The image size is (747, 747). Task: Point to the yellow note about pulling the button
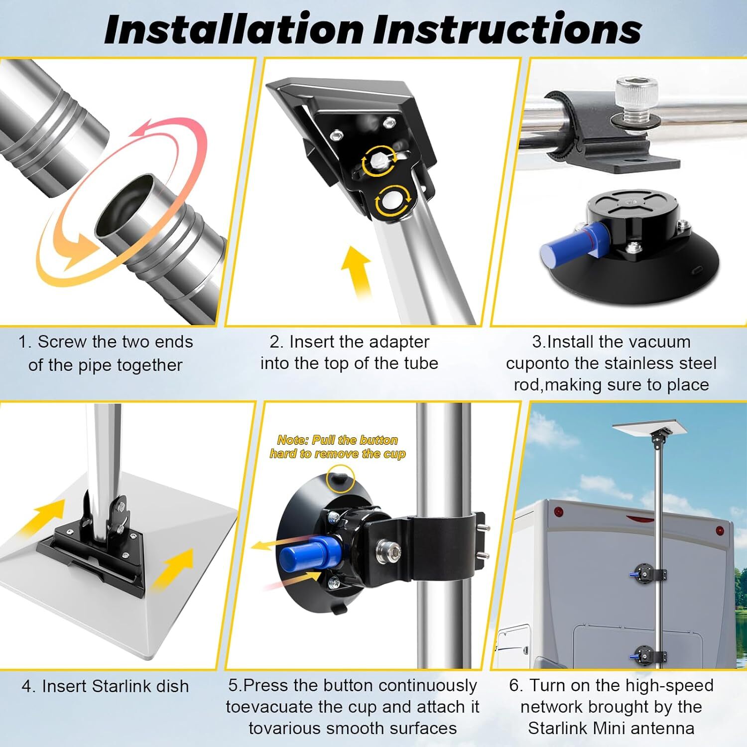click(x=338, y=447)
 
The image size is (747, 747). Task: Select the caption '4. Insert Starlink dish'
click(x=106, y=686)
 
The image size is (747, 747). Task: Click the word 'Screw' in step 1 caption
click(x=63, y=342)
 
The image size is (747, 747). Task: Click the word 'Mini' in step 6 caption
click(x=623, y=728)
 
